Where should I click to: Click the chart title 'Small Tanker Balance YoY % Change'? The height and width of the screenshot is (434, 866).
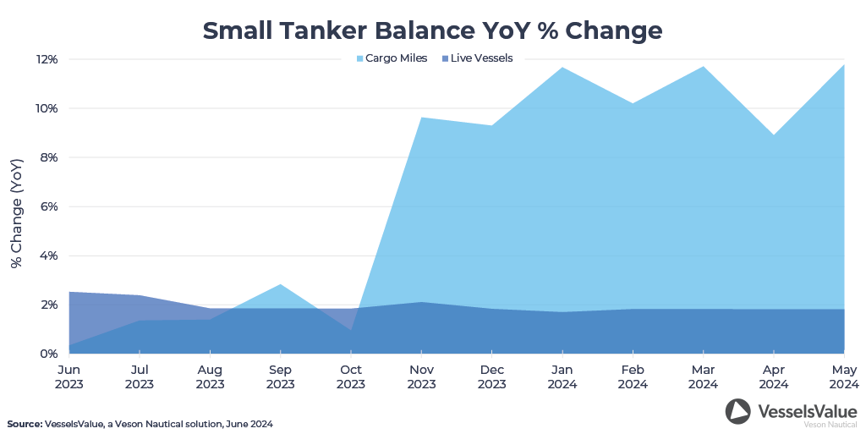432,30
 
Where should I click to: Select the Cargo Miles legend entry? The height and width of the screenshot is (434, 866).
391,58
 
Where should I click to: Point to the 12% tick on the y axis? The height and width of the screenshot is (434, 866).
47,59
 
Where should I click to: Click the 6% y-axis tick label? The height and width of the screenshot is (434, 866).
49,206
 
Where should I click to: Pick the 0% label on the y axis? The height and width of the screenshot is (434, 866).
49,354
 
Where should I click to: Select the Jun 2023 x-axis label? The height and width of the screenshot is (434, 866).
69,376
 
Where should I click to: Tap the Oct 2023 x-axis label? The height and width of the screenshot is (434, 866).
351,376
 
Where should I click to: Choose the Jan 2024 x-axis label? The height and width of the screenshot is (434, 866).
562,376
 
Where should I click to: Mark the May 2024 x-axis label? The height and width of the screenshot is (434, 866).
843,376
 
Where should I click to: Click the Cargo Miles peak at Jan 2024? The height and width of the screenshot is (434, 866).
562,68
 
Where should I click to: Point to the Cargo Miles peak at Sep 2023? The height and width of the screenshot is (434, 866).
281,284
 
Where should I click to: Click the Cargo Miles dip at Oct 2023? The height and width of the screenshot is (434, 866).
351,330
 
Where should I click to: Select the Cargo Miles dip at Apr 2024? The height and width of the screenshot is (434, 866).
774,135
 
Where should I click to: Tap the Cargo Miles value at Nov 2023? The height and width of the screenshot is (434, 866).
421,118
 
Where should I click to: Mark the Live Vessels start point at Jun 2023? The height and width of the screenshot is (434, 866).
70,292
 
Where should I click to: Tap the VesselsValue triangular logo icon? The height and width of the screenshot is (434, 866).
737,411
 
